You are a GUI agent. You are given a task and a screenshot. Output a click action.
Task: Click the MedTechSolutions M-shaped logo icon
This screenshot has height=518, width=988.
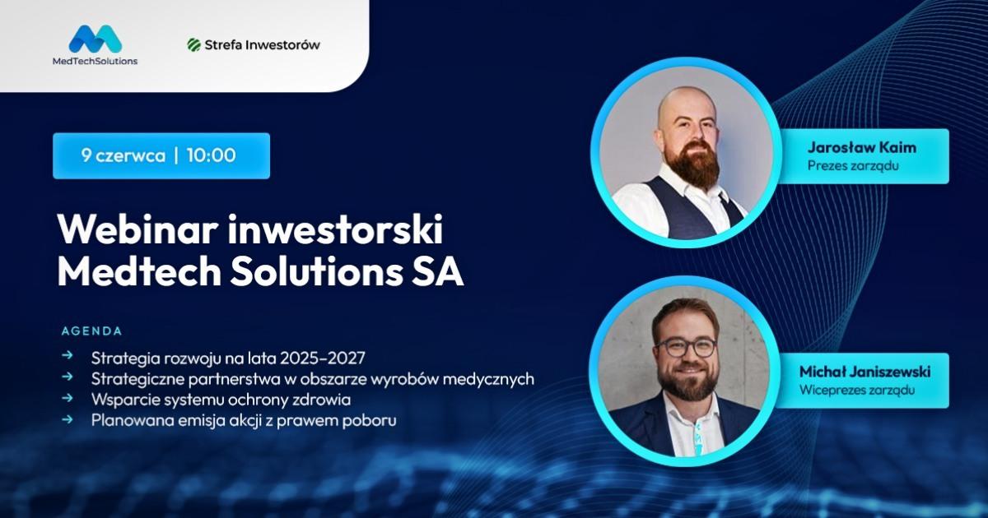(x=96, y=39)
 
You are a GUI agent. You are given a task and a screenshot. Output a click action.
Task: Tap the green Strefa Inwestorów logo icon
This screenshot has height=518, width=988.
(x=194, y=44)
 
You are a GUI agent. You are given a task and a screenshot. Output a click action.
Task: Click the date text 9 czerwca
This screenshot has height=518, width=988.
(x=123, y=155)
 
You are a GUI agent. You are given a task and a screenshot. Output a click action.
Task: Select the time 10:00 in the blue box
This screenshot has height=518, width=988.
(x=211, y=155)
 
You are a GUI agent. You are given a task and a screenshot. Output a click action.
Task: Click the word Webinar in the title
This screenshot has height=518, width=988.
(x=138, y=230)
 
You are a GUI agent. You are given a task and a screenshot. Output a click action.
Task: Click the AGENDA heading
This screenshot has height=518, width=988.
(x=91, y=331)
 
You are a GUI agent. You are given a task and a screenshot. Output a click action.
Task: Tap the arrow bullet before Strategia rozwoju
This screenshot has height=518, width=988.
(x=67, y=355)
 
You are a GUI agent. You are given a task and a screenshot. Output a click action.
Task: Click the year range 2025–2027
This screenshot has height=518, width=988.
(x=323, y=358)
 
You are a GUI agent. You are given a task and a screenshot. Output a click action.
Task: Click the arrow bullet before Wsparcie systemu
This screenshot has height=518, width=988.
(x=67, y=398)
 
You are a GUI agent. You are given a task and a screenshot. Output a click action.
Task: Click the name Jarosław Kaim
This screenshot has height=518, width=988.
(x=862, y=147)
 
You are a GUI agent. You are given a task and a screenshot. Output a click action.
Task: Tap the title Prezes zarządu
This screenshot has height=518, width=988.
(x=853, y=166)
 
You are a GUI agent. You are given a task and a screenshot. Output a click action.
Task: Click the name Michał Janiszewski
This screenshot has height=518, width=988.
(x=865, y=372)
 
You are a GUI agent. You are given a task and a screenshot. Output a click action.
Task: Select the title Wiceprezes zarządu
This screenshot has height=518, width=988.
(x=856, y=391)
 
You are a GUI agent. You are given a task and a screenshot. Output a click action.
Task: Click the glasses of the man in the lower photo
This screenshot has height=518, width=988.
(x=685, y=347)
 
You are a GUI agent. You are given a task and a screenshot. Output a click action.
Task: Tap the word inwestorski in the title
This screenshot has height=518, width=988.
(x=335, y=230)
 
